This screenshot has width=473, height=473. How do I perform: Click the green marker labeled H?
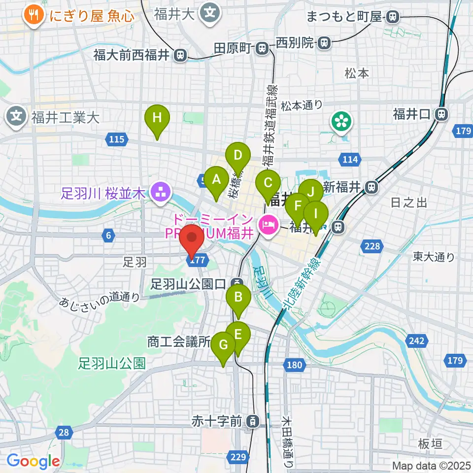coord(157,119)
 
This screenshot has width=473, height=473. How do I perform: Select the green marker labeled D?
coord(238,157)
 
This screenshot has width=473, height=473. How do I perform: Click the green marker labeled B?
coord(238,298)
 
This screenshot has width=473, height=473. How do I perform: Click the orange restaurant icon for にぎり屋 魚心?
coord(34,15)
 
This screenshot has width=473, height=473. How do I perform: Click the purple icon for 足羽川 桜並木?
coord(160,193)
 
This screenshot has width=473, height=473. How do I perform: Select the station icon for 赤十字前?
coord(252,422)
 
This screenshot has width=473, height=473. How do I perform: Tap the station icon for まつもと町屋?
coord(392,17)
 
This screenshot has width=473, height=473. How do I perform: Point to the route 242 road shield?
coord(417,340)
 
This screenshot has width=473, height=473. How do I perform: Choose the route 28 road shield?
coord(63,433)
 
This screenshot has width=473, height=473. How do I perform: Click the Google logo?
coord(33,461)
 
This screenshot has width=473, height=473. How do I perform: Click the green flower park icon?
coord(341,122)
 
